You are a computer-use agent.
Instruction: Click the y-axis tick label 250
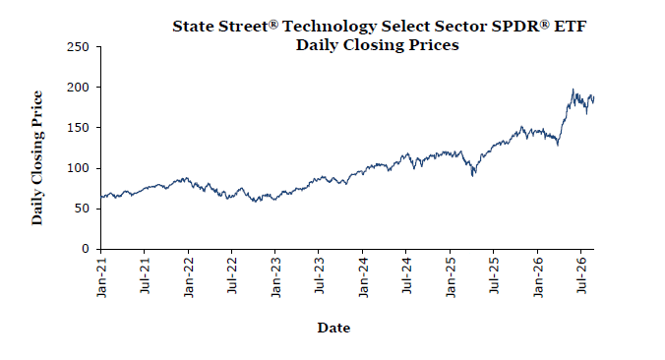click(78, 47)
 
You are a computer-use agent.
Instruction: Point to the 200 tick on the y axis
click(78, 88)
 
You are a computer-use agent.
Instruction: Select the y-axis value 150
click(78, 128)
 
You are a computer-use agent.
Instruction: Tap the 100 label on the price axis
click(78, 168)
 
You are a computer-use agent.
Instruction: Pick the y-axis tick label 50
click(82, 209)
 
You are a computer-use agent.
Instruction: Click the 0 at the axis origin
click(86, 249)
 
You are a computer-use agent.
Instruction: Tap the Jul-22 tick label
click(232, 276)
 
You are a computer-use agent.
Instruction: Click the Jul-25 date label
click(494, 276)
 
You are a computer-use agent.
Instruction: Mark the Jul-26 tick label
click(581, 276)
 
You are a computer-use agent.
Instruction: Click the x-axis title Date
click(333, 328)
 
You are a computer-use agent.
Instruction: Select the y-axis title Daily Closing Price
click(37, 157)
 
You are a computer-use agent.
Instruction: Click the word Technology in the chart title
click(330, 27)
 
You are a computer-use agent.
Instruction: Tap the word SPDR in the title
click(517, 27)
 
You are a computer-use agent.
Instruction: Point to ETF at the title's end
click(570, 27)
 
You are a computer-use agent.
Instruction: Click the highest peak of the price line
click(573, 90)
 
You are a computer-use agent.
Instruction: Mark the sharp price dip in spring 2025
click(472, 175)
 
